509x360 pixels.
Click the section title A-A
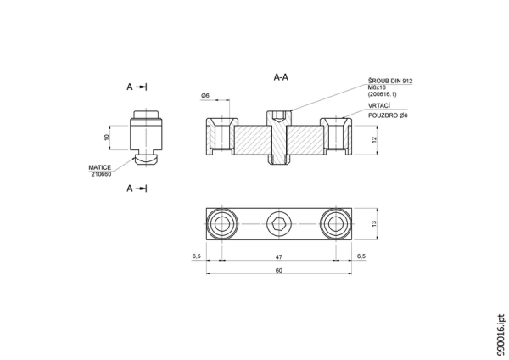point(281,77)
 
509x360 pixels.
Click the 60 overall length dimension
point(279,270)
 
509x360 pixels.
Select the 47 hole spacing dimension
point(279,256)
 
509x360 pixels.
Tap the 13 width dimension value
point(373,224)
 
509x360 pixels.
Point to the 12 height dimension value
point(373,140)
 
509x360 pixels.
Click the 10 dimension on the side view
point(107,138)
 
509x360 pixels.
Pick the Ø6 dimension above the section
point(205,96)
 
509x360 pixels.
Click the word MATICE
point(99,167)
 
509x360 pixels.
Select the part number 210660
point(101,174)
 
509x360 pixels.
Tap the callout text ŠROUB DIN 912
point(390,81)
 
